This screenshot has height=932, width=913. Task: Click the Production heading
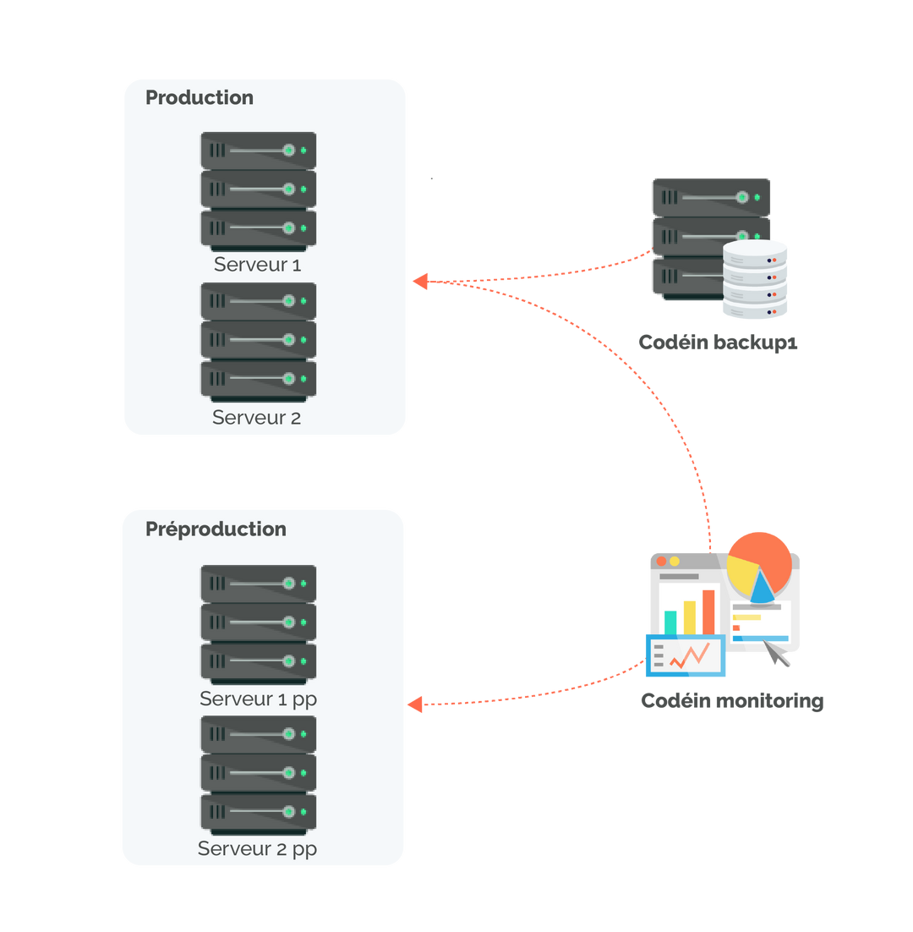click(200, 98)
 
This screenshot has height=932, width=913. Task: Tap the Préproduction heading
click(216, 529)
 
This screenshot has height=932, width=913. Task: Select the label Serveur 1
click(257, 265)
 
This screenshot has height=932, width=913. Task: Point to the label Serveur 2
click(256, 418)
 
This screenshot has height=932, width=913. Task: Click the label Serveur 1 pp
click(258, 699)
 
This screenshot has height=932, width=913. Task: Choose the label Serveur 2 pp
click(257, 849)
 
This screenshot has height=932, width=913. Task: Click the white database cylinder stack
click(755, 279)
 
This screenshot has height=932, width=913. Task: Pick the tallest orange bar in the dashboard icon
click(708, 611)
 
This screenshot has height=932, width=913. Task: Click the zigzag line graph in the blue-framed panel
click(689, 655)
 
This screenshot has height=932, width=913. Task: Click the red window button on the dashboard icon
click(661, 562)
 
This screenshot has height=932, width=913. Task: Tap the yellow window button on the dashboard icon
click(675, 562)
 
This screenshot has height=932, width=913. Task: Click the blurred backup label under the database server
click(718, 343)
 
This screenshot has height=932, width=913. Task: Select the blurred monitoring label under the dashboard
click(731, 701)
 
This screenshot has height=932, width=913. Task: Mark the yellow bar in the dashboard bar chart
click(689, 617)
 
